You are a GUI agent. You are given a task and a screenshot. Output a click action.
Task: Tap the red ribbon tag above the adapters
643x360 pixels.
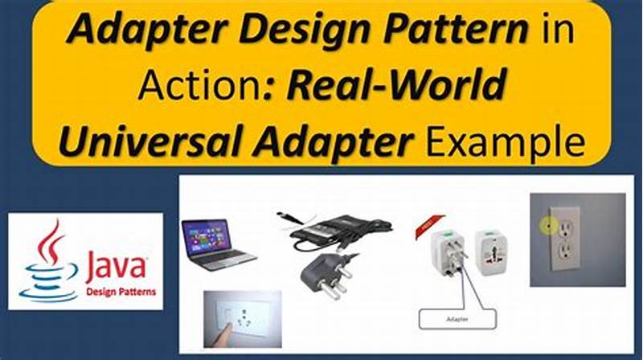click(425, 225)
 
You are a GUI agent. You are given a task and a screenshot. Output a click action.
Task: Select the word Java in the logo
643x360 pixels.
click(116, 265)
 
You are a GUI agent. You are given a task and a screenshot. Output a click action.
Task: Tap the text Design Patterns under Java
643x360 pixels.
click(121, 291)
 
